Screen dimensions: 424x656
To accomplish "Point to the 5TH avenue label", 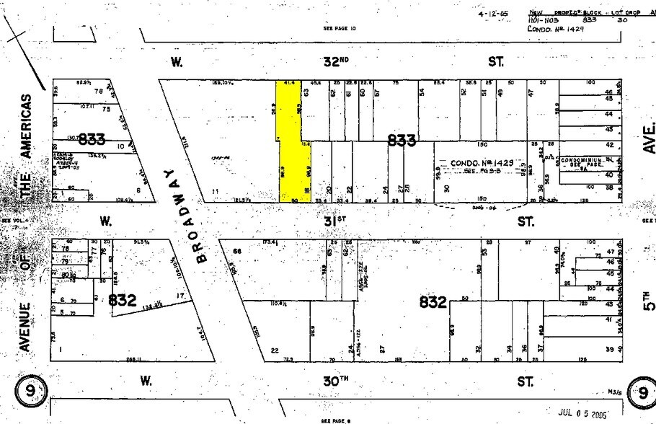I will [650, 296].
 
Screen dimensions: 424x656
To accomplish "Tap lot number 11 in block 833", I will [215, 190].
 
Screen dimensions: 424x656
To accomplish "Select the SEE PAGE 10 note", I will [337, 29].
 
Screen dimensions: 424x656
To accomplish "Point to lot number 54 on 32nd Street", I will [421, 92].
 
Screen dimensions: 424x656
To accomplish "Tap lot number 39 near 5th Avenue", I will [610, 350].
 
